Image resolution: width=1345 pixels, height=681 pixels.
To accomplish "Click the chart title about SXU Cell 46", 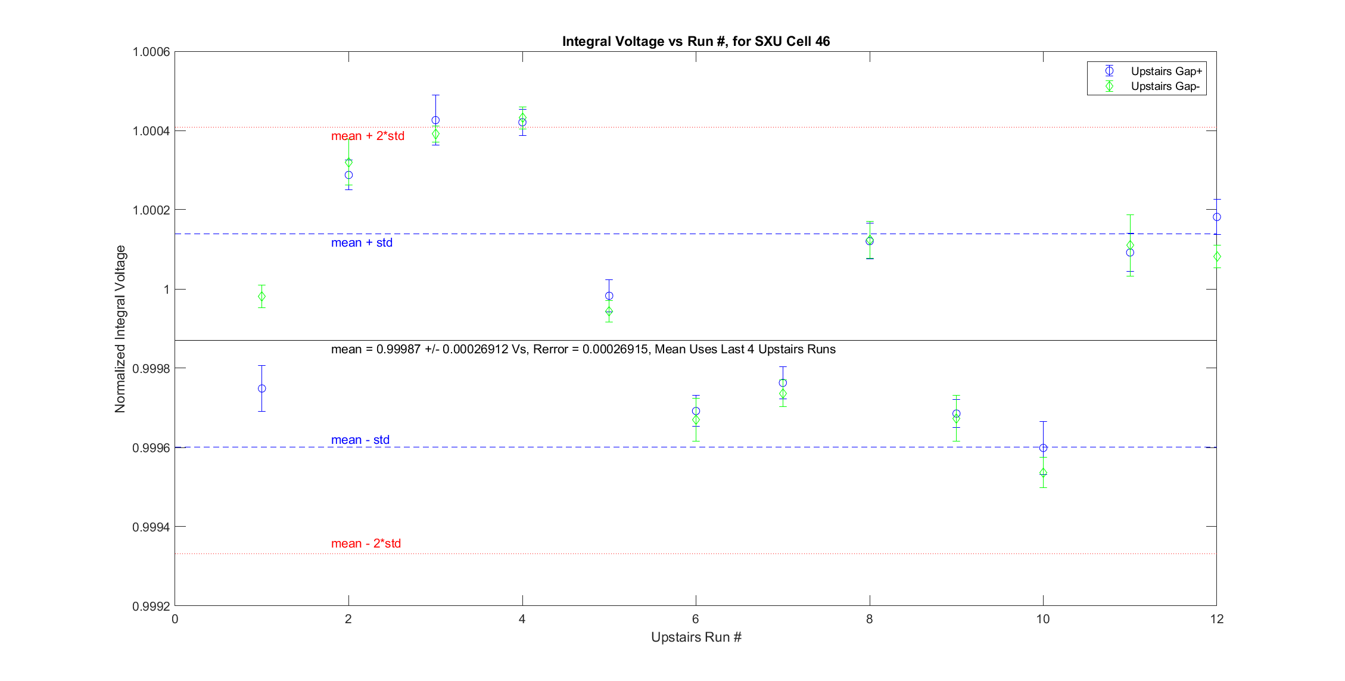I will (696, 41).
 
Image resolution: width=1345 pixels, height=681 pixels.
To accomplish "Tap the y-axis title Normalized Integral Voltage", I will (120, 329).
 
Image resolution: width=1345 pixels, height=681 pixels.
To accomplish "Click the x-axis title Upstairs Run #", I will (696, 638).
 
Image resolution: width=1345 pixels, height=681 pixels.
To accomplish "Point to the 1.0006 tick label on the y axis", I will (151, 52).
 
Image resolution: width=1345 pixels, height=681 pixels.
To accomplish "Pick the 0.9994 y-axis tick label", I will (151, 527).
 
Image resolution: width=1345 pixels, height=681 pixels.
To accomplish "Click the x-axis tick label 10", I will (1042, 620).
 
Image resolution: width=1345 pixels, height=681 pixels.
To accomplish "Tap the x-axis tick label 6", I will (695, 620).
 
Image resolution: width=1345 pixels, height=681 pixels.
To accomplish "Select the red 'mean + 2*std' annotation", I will (368, 136).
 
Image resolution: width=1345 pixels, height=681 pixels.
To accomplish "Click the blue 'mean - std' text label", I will (360, 440).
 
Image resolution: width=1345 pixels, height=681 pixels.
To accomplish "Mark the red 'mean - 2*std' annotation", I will (366, 544).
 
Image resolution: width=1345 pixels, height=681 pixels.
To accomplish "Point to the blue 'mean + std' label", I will (362, 243).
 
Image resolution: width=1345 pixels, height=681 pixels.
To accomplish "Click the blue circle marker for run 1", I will (261, 388).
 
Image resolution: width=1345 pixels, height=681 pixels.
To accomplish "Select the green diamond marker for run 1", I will (261, 297).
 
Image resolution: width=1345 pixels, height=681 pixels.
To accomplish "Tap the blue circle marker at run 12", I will (1216, 217).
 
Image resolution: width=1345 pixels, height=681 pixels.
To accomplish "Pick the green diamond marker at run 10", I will (1043, 472).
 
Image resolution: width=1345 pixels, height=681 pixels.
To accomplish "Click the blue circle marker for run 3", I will (435, 120).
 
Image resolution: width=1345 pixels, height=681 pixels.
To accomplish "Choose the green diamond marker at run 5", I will (609, 311).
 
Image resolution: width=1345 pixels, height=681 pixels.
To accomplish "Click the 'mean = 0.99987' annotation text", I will (583, 350).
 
